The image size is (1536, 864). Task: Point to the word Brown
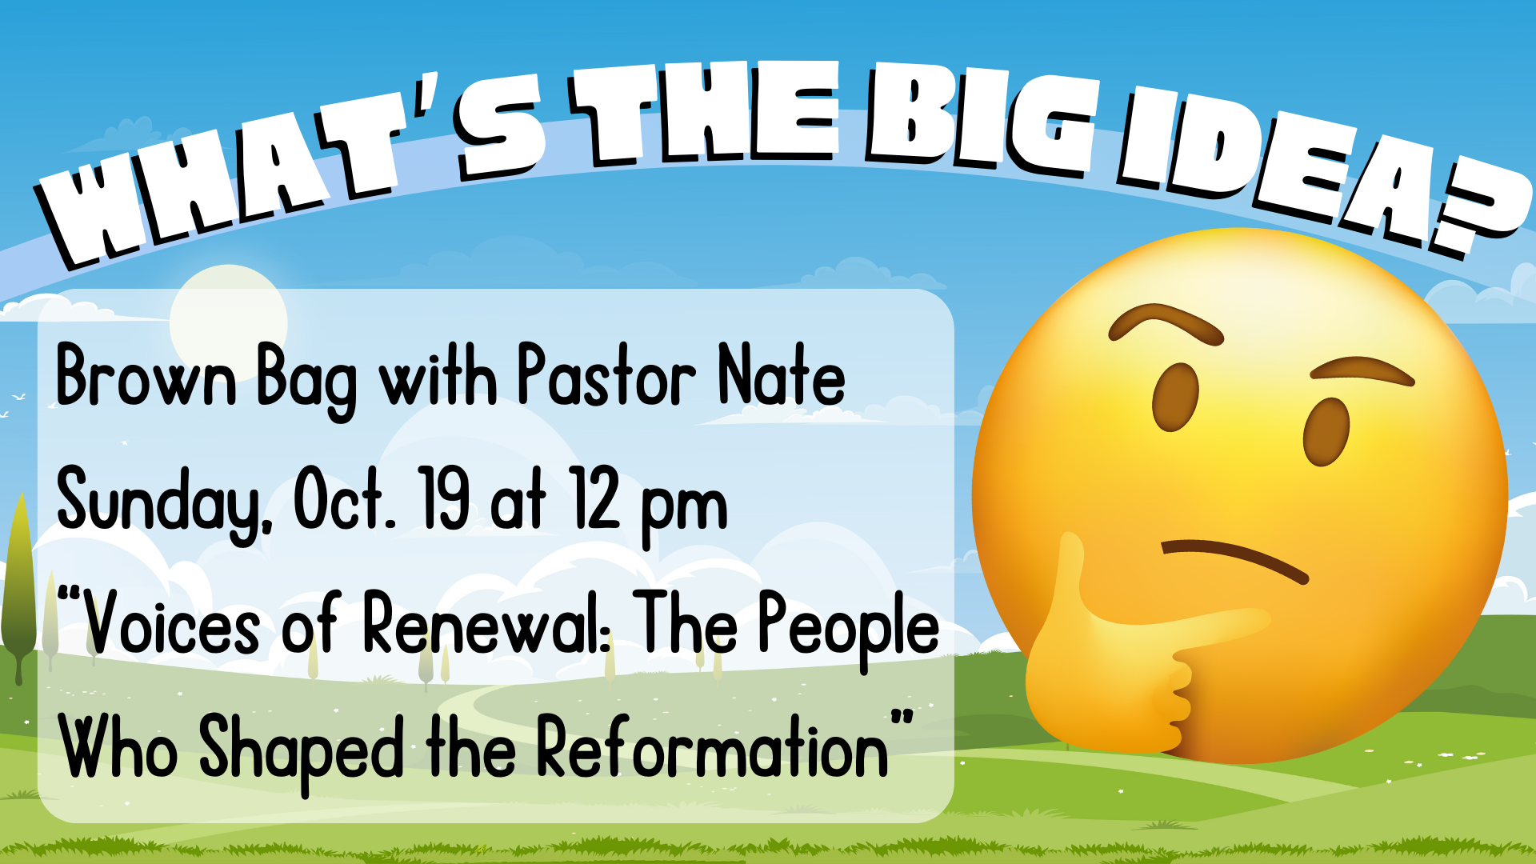(146, 375)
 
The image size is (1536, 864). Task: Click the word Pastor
(607, 374)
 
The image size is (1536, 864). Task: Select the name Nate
(781, 374)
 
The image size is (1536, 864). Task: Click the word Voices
(172, 625)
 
